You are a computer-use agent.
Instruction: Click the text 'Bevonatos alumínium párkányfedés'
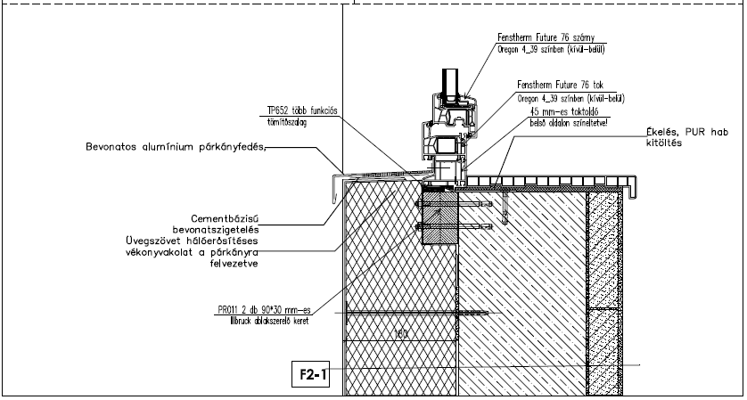click(x=176, y=146)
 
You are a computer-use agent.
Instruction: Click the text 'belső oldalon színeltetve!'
click(x=568, y=124)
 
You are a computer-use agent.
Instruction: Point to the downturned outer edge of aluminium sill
click(x=332, y=190)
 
